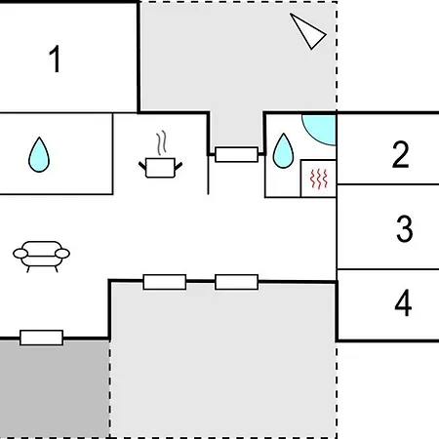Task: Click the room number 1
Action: pos(56,59)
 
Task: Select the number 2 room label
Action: pos(400,154)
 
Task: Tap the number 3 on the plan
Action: pos(405,228)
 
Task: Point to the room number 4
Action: pos(403,302)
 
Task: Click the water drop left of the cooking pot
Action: pos(39,155)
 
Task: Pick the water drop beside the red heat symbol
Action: pos(283,151)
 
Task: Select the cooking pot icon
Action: pos(160,168)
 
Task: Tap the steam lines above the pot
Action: pos(162,142)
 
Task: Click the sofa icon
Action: pos(41,257)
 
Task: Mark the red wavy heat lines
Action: pos(318,179)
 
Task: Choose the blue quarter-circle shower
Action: pos(320,130)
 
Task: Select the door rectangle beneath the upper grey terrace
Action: pos(236,154)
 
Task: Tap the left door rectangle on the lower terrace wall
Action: pos(165,282)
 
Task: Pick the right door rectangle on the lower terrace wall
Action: pos(236,282)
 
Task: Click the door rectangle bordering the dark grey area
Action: pos(42,338)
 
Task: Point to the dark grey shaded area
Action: pos(55,389)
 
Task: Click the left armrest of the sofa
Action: pos(20,254)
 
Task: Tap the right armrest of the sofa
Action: pos(62,254)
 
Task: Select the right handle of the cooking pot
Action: pos(179,167)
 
